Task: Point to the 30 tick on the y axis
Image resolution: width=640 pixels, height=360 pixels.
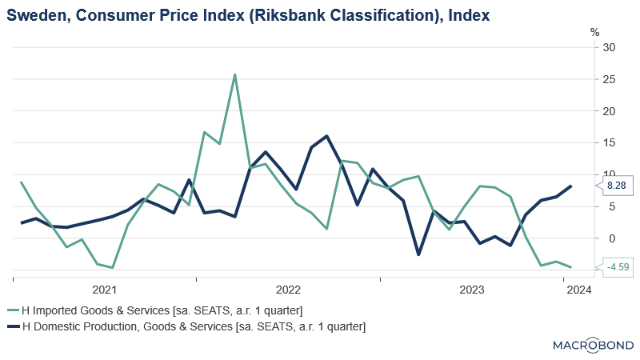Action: click(x=609, y=47)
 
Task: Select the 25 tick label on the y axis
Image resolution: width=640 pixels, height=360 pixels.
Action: click(x=609, y=79)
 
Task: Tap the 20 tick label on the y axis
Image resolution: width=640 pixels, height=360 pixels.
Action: click(x=609, y=111)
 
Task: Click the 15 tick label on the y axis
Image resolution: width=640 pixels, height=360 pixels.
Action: click(x=609, y=142)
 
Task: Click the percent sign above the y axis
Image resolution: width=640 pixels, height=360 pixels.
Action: click(x=594, y=32)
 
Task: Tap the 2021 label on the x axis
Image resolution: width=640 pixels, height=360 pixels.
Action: click(x=105, y=290)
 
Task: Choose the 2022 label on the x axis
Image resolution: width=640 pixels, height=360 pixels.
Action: click(x=288, y=290)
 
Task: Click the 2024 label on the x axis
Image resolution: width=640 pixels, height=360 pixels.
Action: click(x=578, y=290)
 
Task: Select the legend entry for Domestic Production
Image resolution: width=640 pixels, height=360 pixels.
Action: click(x=193, y=326)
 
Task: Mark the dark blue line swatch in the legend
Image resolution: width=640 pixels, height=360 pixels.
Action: click(x=12, y=326)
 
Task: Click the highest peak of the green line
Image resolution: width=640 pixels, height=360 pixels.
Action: click(x=234, y=74)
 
